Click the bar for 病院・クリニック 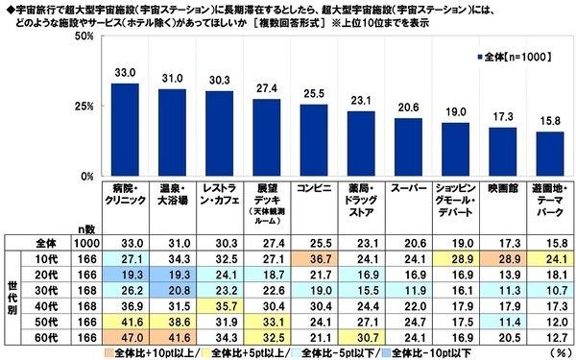pyautogui.click(x=125, y=130)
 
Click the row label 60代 pyautogui.click(x=57, y=337)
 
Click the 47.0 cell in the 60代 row pyautogui.click(x=125, y=337)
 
